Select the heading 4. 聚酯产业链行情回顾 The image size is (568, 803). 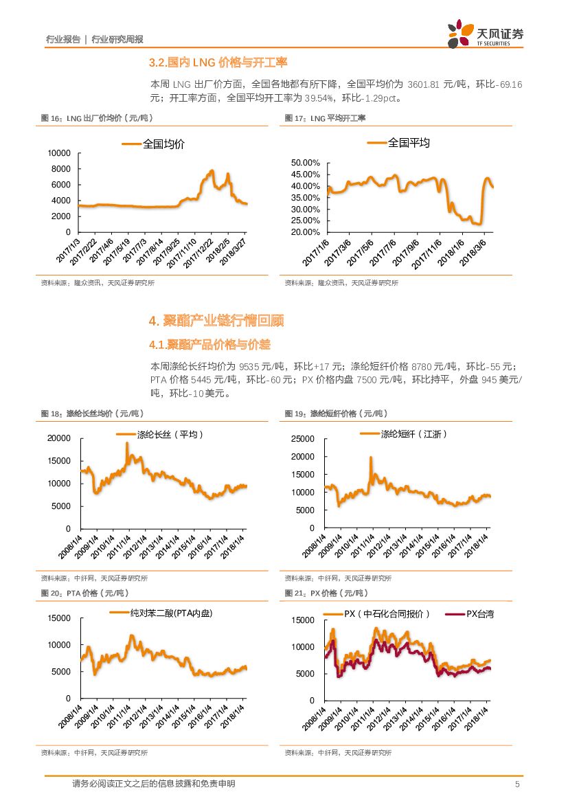(216, 321)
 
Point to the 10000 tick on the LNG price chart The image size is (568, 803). (60, 152)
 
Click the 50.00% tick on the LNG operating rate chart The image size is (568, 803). (306, 163)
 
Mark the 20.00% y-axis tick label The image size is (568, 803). (306, 232)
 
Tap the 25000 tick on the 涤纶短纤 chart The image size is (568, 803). (303, 439)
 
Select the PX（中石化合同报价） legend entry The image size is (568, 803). (386, 614)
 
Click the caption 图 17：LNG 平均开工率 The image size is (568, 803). (325, 118)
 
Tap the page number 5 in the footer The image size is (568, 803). (516, 784)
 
